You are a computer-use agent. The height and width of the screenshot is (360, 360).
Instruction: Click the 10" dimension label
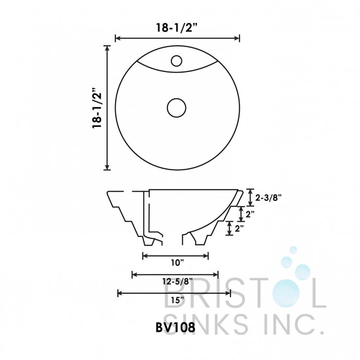point(175,262)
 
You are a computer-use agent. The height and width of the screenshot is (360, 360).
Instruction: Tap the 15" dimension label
point(175,300)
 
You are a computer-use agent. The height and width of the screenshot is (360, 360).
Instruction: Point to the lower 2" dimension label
point(240,228)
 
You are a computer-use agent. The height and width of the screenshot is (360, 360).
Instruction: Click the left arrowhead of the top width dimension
point(117,39)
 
